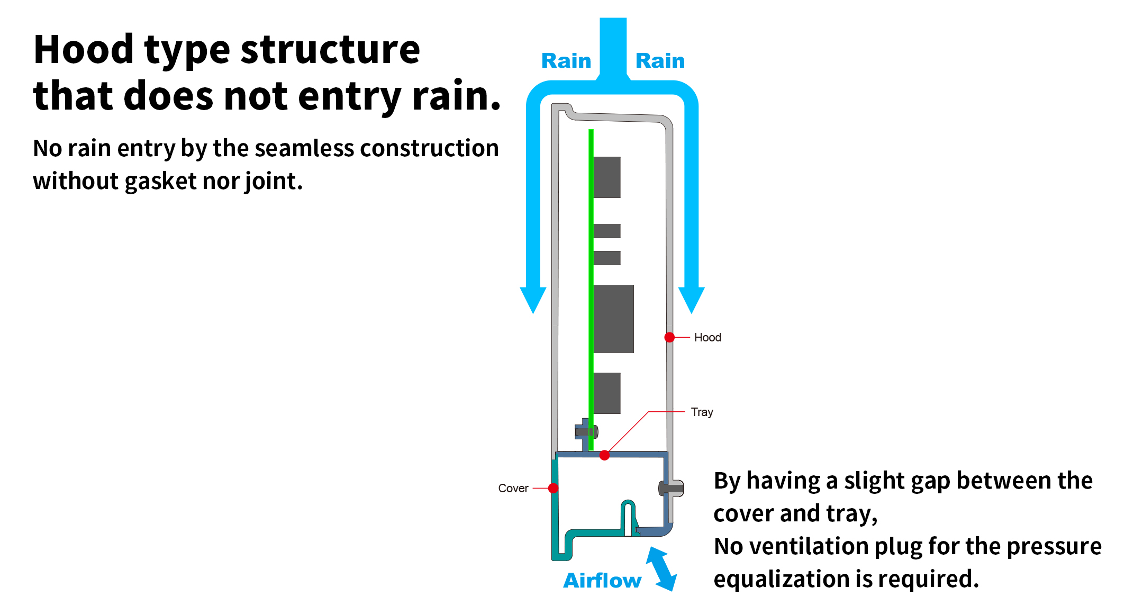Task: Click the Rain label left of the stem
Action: (566, 61)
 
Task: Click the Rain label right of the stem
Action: (660, 61)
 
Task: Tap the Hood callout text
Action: (707, 338)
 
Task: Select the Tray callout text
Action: (702, 412)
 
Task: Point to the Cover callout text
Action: (513, 489)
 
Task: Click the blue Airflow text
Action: (602, 581)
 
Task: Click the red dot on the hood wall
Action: (669, 337)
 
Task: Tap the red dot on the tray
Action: (604, 455)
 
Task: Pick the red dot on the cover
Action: (554, 488)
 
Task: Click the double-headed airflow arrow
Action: (661, 569)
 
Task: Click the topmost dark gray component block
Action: (607, 177)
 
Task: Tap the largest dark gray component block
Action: (613, 319)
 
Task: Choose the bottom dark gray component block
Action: (607, 393)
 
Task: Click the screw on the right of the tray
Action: (671, 488)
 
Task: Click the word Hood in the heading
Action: (83, 49)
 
